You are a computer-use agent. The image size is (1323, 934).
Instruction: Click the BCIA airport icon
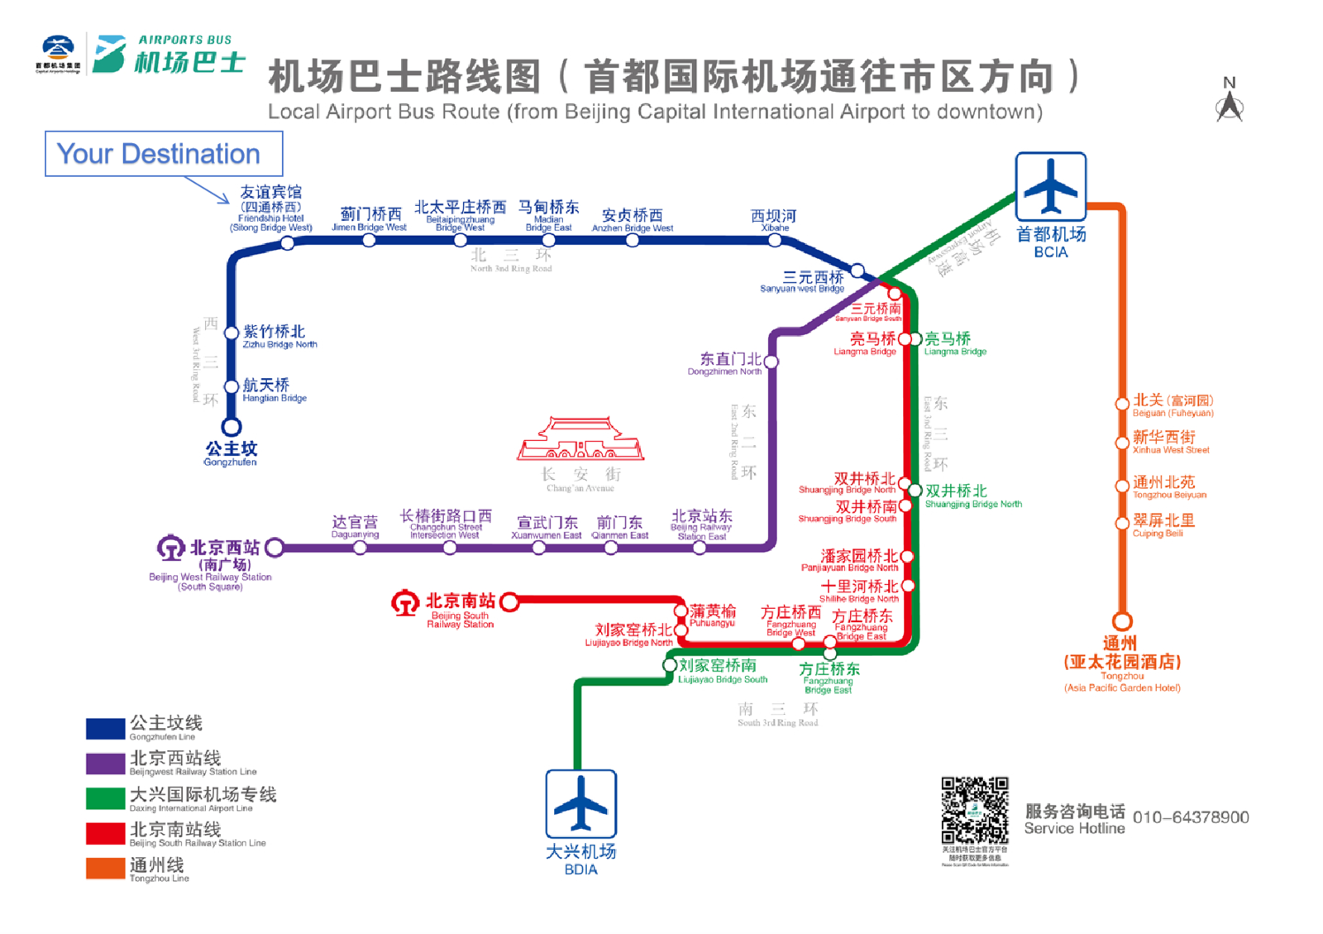1050,186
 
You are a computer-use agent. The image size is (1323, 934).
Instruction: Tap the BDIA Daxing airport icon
580,803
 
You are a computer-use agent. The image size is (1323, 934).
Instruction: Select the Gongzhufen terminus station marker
232,427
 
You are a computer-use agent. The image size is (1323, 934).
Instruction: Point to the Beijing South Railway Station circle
509,601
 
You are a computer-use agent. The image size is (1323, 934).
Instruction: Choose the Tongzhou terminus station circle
1122,620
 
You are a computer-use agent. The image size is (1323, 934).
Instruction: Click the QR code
975,810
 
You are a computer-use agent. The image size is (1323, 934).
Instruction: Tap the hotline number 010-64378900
1190,817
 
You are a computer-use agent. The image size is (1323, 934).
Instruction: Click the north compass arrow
1230,103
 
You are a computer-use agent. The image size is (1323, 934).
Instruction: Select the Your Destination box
164,154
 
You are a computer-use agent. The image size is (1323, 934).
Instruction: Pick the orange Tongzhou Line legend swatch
105,868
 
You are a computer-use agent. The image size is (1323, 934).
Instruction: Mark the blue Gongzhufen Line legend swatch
105,728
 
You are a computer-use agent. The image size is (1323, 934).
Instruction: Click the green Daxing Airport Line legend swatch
105,798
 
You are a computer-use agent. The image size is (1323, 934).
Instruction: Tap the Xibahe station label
773,220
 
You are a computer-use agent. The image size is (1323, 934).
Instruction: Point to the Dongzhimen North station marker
771,362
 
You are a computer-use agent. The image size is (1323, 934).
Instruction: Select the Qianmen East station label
619,527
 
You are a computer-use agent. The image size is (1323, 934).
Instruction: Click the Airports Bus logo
169,55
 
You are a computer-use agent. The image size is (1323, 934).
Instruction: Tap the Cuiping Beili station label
1163,525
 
